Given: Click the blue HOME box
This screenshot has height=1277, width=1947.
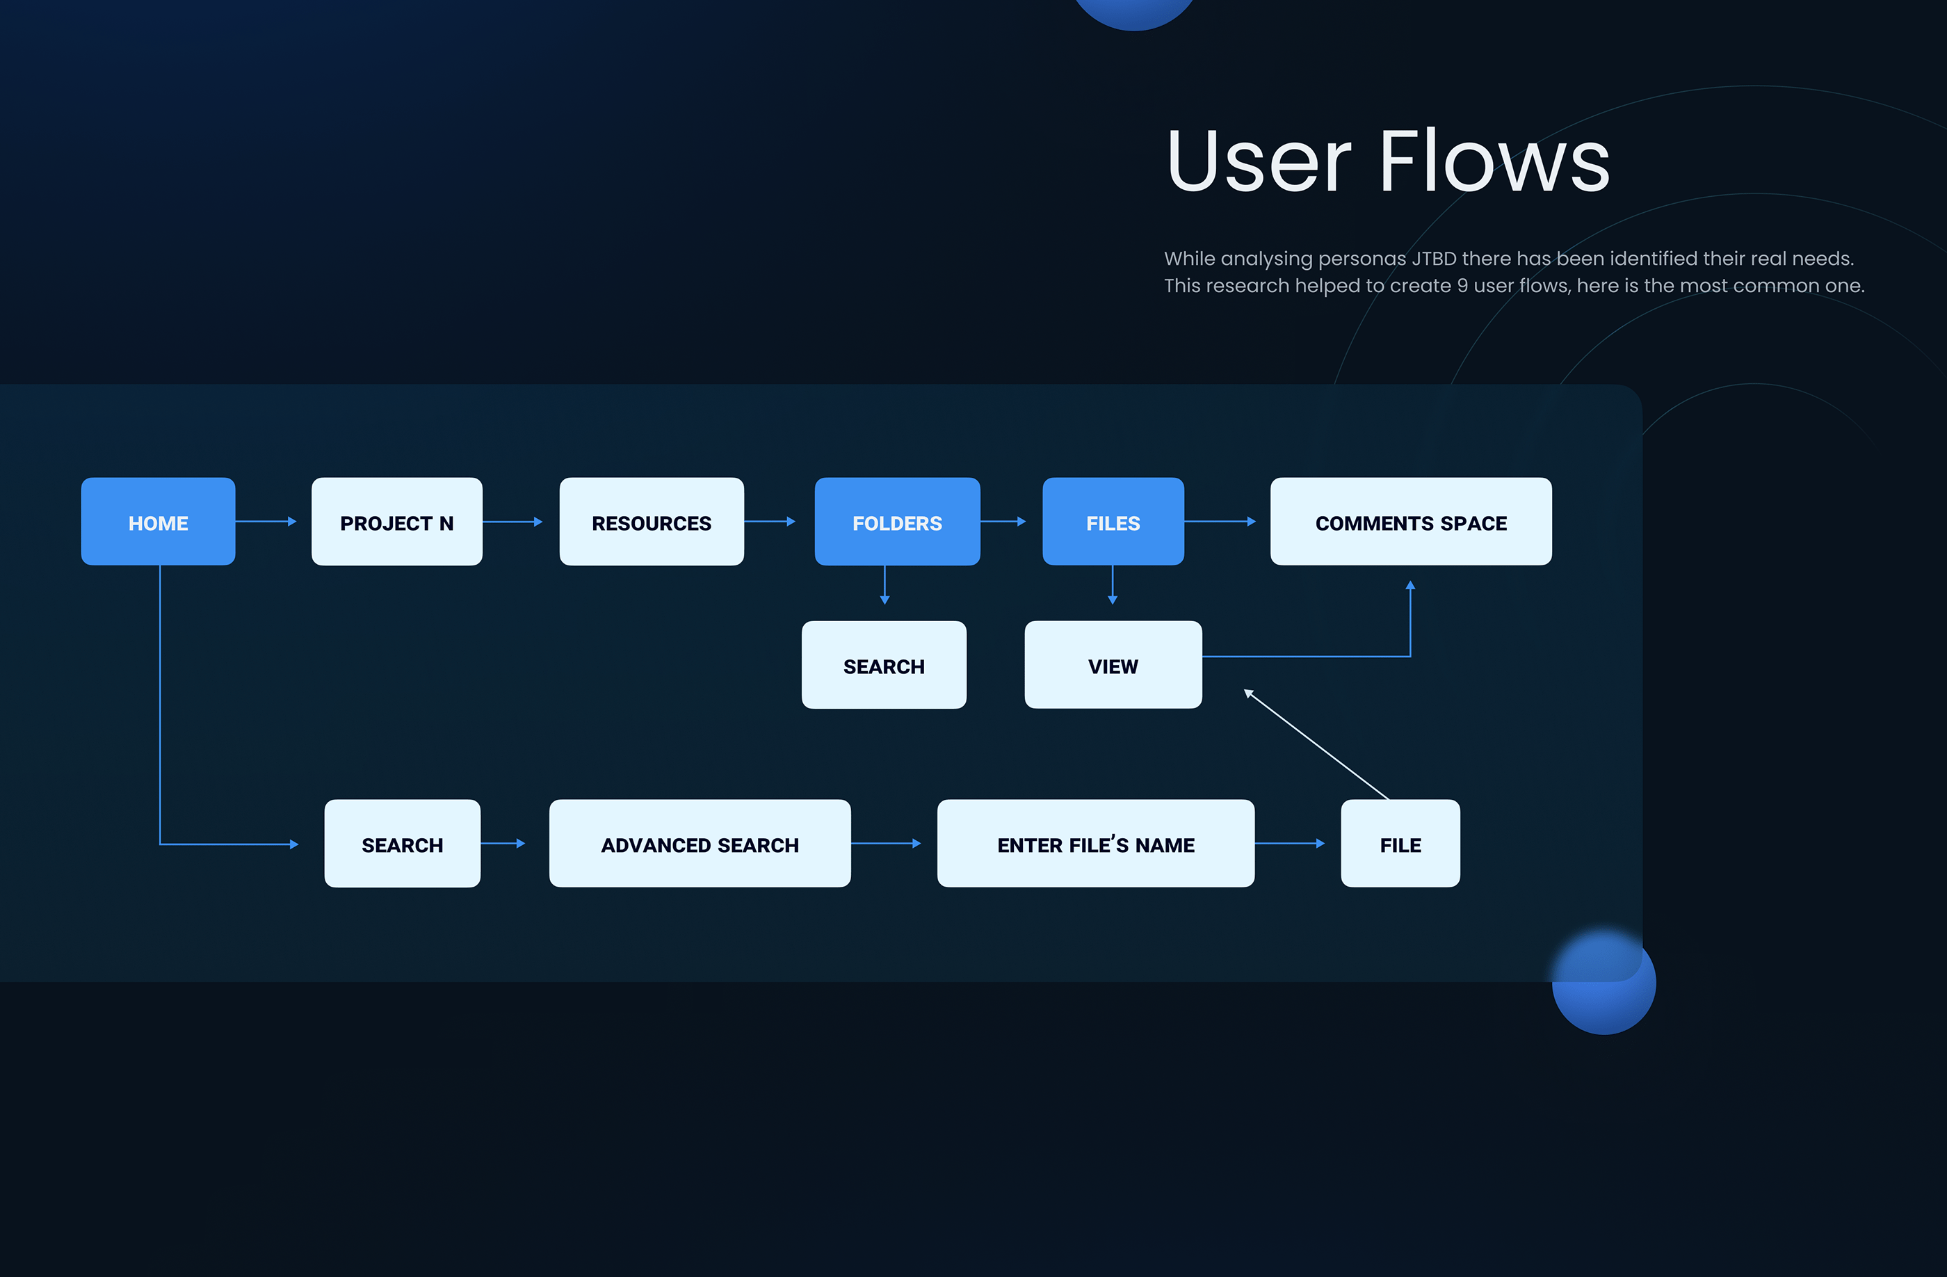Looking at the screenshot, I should (158, 522).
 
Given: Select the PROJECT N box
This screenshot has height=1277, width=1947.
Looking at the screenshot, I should (397, 522).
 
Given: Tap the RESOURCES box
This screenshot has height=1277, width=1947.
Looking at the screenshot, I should (651, 522).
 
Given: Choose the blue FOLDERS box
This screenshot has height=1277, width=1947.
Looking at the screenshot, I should (896, 522).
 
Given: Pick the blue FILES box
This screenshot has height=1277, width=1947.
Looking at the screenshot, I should (1113, 522).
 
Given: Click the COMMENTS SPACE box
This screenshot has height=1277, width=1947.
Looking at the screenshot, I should (1410, 522).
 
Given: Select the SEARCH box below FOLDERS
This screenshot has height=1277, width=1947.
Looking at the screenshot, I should (884, 665).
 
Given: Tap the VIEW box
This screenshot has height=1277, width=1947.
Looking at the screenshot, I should (1113, 665).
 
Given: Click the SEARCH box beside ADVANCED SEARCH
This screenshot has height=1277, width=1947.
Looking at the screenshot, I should (402, 844).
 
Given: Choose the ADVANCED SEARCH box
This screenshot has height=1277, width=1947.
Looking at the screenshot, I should (700, 844).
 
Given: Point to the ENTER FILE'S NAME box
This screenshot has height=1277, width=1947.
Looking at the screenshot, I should (1095, 844).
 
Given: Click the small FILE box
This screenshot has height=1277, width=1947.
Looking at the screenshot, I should (1400, 844).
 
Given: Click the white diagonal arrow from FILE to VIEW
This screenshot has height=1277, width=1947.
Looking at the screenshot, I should (1317, 745).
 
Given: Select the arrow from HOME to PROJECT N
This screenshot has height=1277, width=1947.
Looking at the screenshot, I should (265, 521).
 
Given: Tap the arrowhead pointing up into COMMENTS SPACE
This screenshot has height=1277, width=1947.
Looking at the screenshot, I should (1410, 586).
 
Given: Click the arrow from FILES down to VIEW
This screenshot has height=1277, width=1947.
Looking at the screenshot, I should (1113, 585).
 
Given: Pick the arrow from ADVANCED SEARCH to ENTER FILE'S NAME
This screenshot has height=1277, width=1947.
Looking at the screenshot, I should (885, 844).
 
